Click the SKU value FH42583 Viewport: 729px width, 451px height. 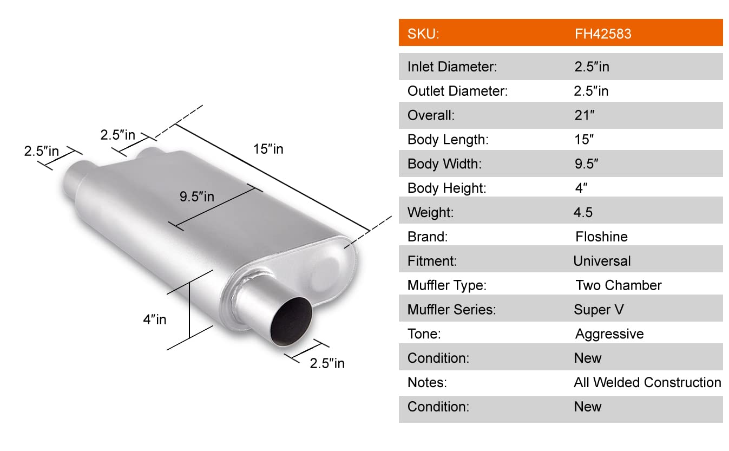click(x=602, y=34)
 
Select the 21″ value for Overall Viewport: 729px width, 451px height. click(x=584, y=115)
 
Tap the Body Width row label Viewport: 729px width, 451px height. click(x=444, y=164)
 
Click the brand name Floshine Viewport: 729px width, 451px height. click(x=601, y=237)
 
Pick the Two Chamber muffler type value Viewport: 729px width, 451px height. click(x=618, y=285)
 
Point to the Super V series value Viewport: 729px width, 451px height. click(x=599, y=310)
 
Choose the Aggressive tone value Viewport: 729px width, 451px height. click(x=609, y=334)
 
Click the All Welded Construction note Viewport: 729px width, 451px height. click(x=647, y=382)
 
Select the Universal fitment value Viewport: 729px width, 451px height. click(x=602, y=261)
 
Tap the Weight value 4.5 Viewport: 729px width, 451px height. click(x=583, y=212)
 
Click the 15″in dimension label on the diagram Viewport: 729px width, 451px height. click(x=268, y=148)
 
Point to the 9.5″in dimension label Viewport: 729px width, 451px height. click(x=197, y=196)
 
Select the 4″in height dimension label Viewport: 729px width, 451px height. click(x=155, y=319)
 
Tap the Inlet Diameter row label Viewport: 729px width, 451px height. click(x=452, y=67)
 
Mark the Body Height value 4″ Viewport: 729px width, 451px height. click(x=581, y=188)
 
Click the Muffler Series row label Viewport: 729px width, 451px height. click(x=451, y=310)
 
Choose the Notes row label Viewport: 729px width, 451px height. click(x=427, y=382)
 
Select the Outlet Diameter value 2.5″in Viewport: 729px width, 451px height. click(x=591, y=91)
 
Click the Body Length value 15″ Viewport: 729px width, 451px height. click(x=583, y=140)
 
